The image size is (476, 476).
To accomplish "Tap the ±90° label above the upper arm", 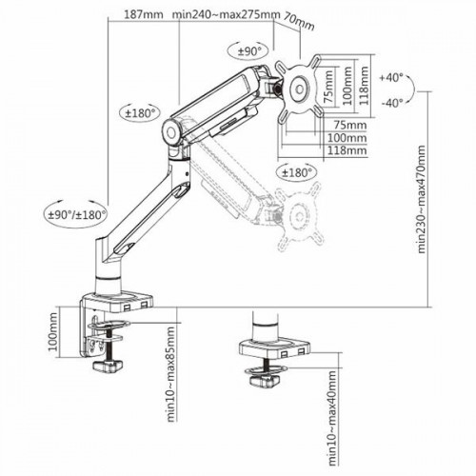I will pyautogui.click(x=249, y=51).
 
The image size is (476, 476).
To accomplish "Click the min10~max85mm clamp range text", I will pyautogui.click(x=169, y=371).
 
